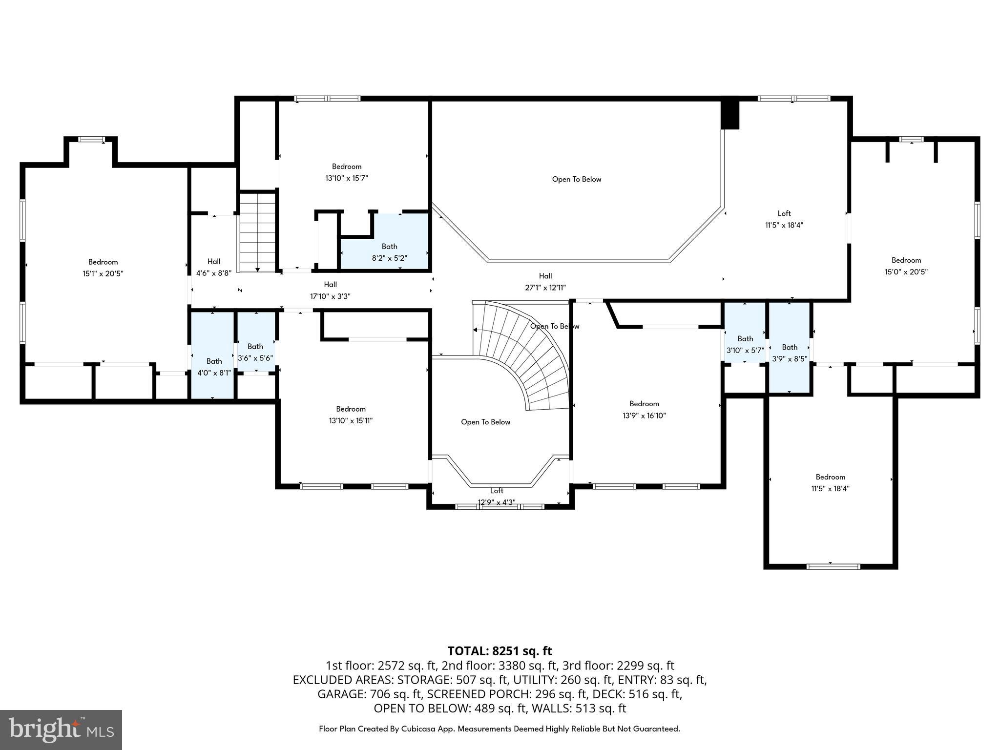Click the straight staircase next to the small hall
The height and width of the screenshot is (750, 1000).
click(x=257, y=232)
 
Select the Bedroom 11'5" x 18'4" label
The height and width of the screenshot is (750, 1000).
click(x=830, y=482)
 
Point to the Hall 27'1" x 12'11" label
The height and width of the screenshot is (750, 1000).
click(x=545, y=282)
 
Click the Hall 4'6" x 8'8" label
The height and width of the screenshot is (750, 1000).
click(x=213, y=267)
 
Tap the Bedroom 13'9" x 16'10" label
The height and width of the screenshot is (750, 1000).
click(x=644, y=410)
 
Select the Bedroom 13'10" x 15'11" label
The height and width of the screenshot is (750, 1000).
click(x=351, y=415)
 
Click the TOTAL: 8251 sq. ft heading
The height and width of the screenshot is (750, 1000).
click(x=500, y=651)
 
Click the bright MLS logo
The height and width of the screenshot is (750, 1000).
click(x=61, y=729)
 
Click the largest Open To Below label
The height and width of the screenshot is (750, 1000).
click(x=576, y=179)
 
